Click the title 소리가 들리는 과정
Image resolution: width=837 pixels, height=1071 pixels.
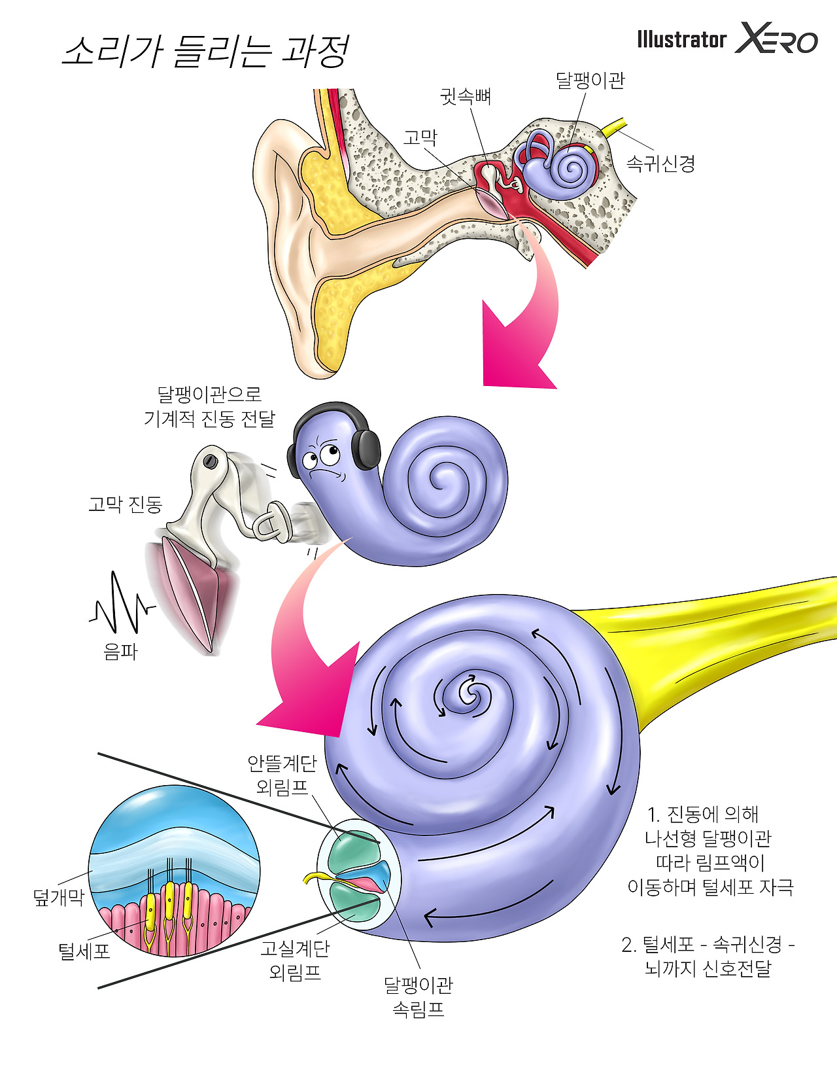205,52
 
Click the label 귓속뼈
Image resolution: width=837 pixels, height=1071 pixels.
465,97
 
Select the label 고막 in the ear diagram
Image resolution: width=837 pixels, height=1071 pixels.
420,138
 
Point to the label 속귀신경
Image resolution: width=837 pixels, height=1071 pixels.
660,163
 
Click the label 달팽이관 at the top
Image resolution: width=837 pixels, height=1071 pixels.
590,80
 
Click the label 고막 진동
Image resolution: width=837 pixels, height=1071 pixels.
125,504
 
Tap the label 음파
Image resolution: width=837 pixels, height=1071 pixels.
120,652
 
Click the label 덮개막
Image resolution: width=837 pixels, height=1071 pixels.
59,897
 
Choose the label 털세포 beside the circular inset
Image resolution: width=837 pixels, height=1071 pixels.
84,951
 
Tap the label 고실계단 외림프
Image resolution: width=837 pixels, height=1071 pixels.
295,960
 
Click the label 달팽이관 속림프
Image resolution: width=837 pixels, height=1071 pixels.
418,996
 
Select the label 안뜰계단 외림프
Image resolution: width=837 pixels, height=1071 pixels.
282,775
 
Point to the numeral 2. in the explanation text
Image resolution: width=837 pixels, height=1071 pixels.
628,945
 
